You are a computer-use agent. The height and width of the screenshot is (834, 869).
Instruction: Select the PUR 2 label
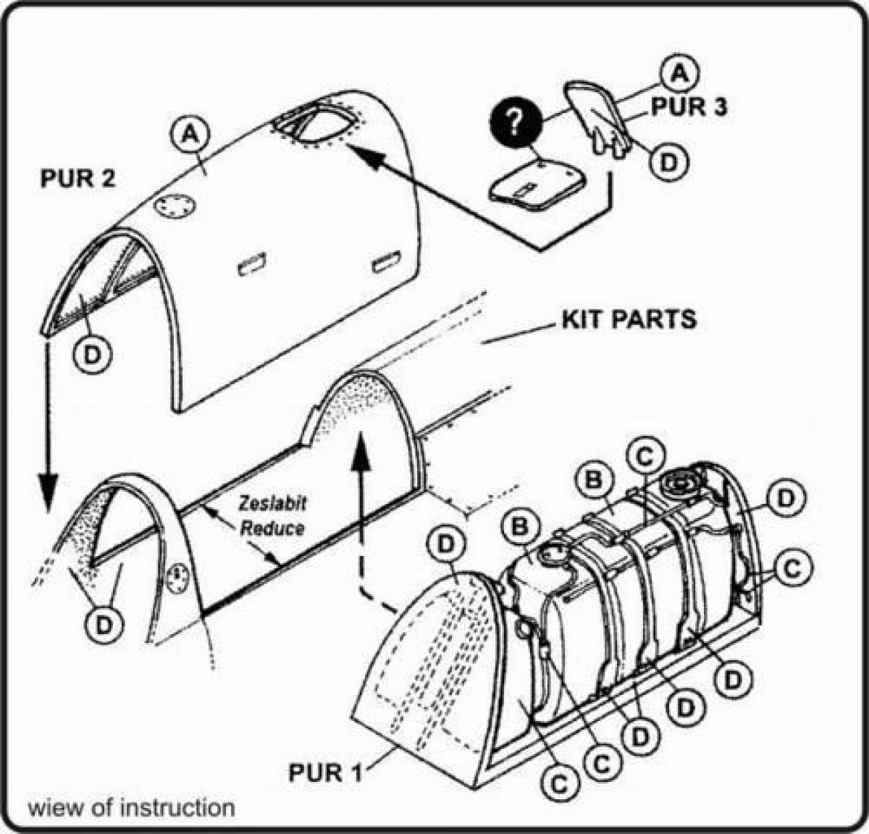click(78, 179)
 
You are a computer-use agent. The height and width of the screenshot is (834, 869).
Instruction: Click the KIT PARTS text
click(628, 319)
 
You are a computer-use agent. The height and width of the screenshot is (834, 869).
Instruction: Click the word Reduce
click(272, 528)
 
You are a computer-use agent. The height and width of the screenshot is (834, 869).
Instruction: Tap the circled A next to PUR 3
click(680, 73)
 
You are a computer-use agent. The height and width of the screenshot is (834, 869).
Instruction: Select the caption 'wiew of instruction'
click(131, 807)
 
